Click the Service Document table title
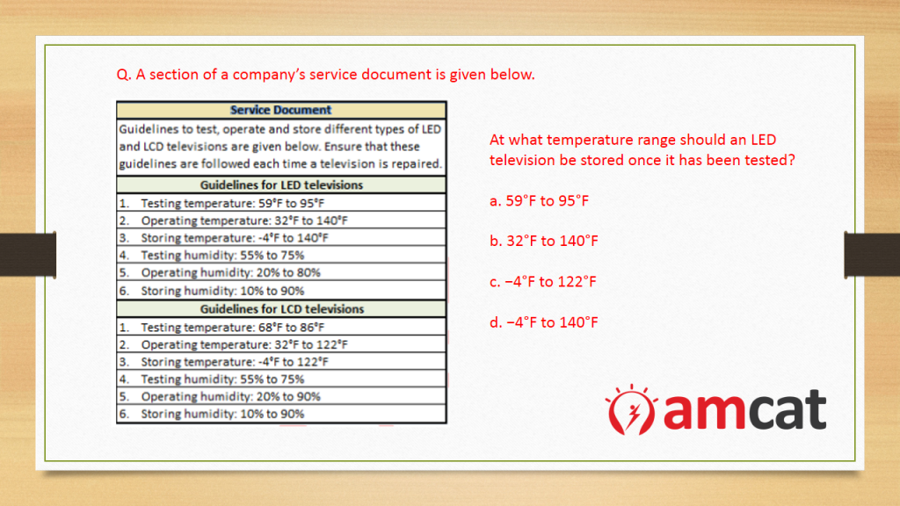point(280,110)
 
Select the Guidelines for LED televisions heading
point(281,184)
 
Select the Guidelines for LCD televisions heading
point(282,308)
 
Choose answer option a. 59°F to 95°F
point(539,201)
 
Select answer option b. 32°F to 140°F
point(543,241)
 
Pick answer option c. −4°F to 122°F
point(543,282)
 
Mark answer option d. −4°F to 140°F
point(543,322)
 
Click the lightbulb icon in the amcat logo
point(631,409)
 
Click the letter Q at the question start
point(122,75)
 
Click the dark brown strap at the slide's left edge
point(28,255)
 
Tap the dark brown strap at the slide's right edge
point(872,255)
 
